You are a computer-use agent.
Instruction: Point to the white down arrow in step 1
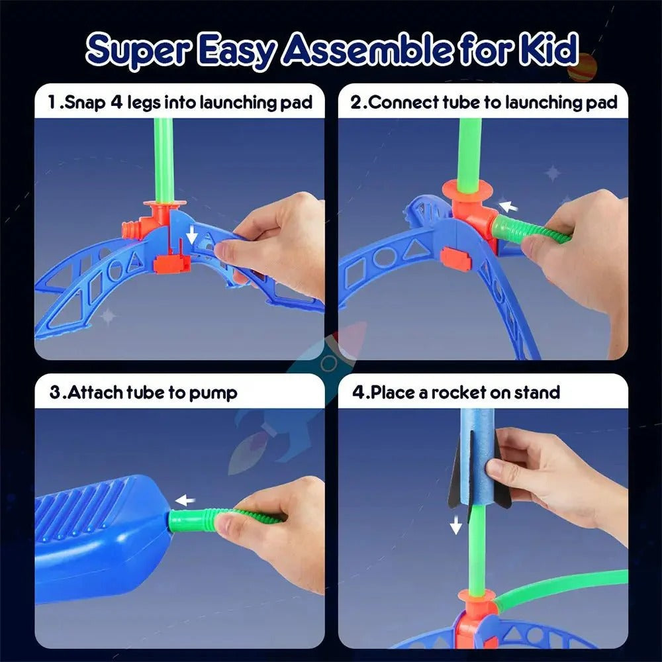tap(191, 234)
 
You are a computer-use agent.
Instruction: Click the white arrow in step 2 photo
tap(507, 207)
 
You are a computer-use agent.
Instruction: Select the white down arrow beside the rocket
tap(455, 526)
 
